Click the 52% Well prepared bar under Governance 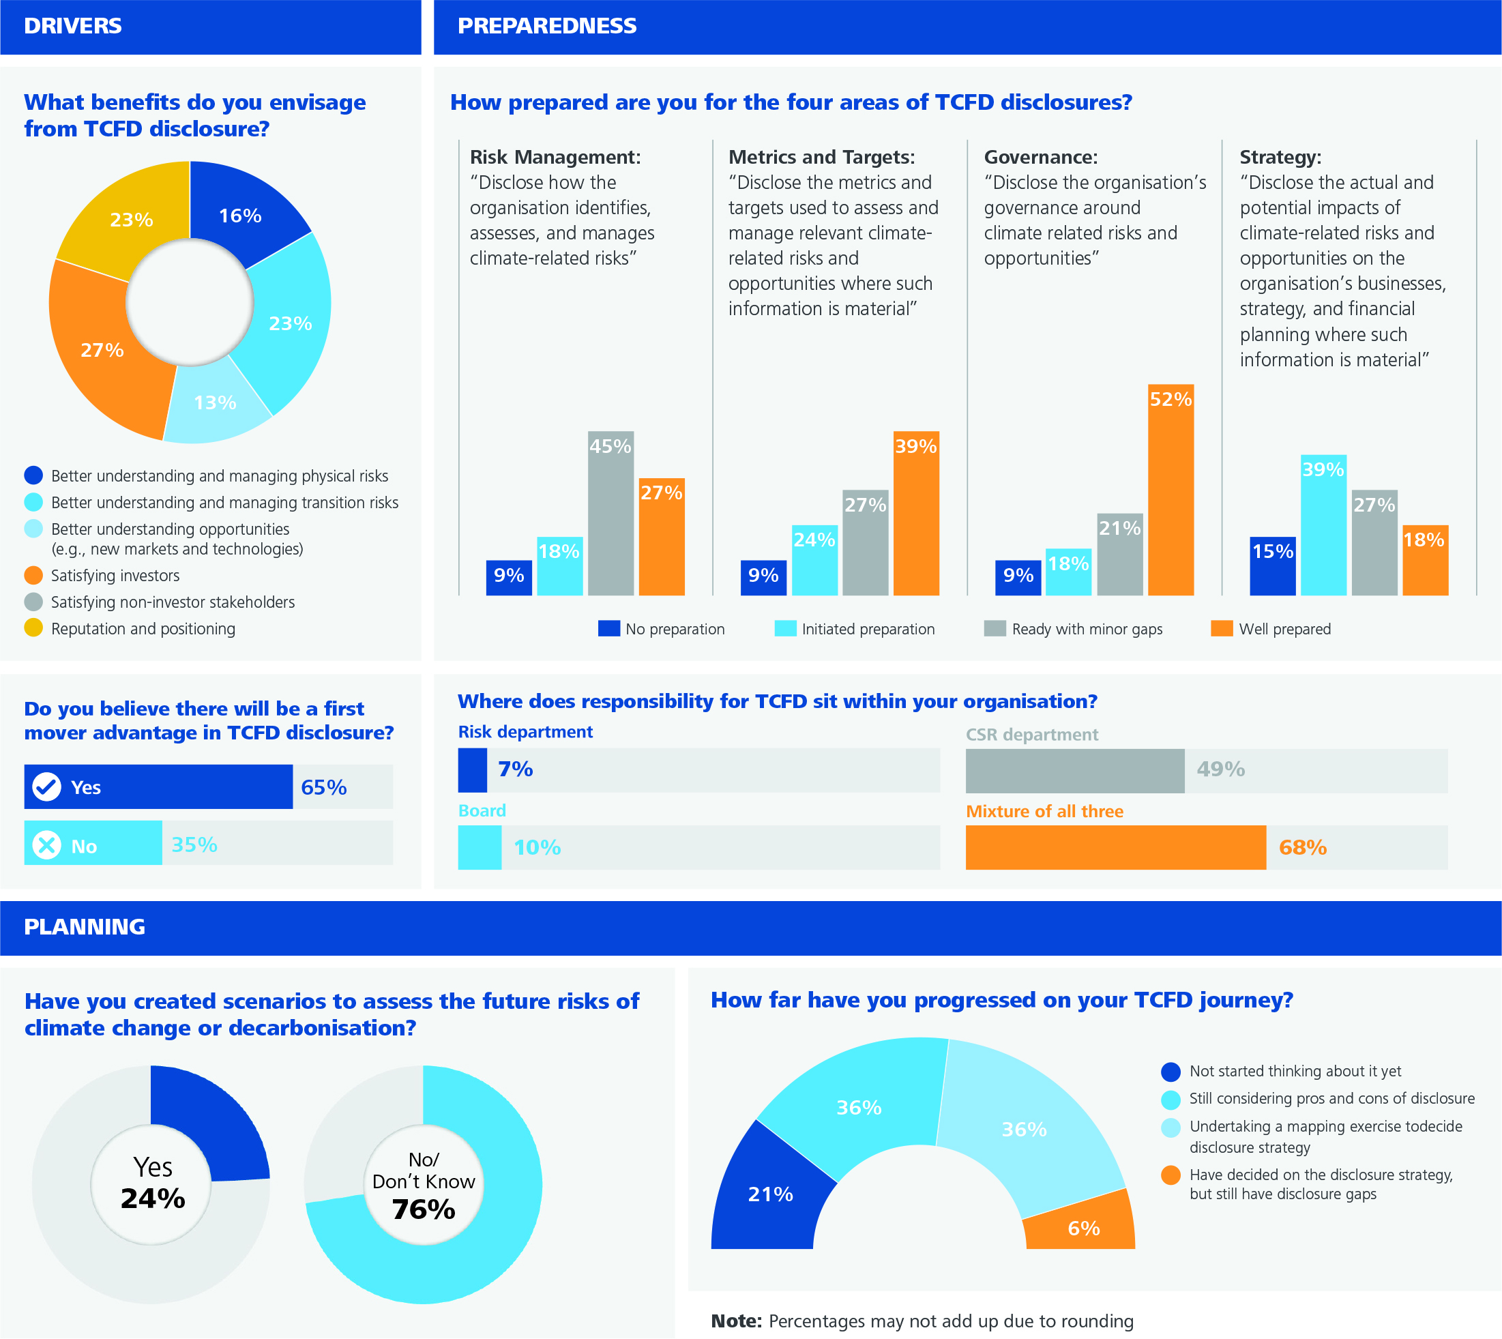[x=1170, y=489]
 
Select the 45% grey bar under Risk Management [x=610, y=513]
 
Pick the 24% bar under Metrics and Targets [x=814, y=560]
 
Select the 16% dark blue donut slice [x=243, y=214]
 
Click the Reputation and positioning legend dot [x=34, y=628]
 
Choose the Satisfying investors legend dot [x=34, y=574]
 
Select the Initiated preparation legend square [x=786, y=628]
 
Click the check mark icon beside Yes [x=46, y=787]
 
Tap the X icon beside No [x=46, y=844]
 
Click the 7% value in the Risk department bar [x=516, y=769]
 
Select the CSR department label [x=1032, y=734]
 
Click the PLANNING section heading [x=85, y=927]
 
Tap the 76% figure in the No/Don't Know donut [x=424, y=1209]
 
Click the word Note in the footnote [x=736, y=1321]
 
